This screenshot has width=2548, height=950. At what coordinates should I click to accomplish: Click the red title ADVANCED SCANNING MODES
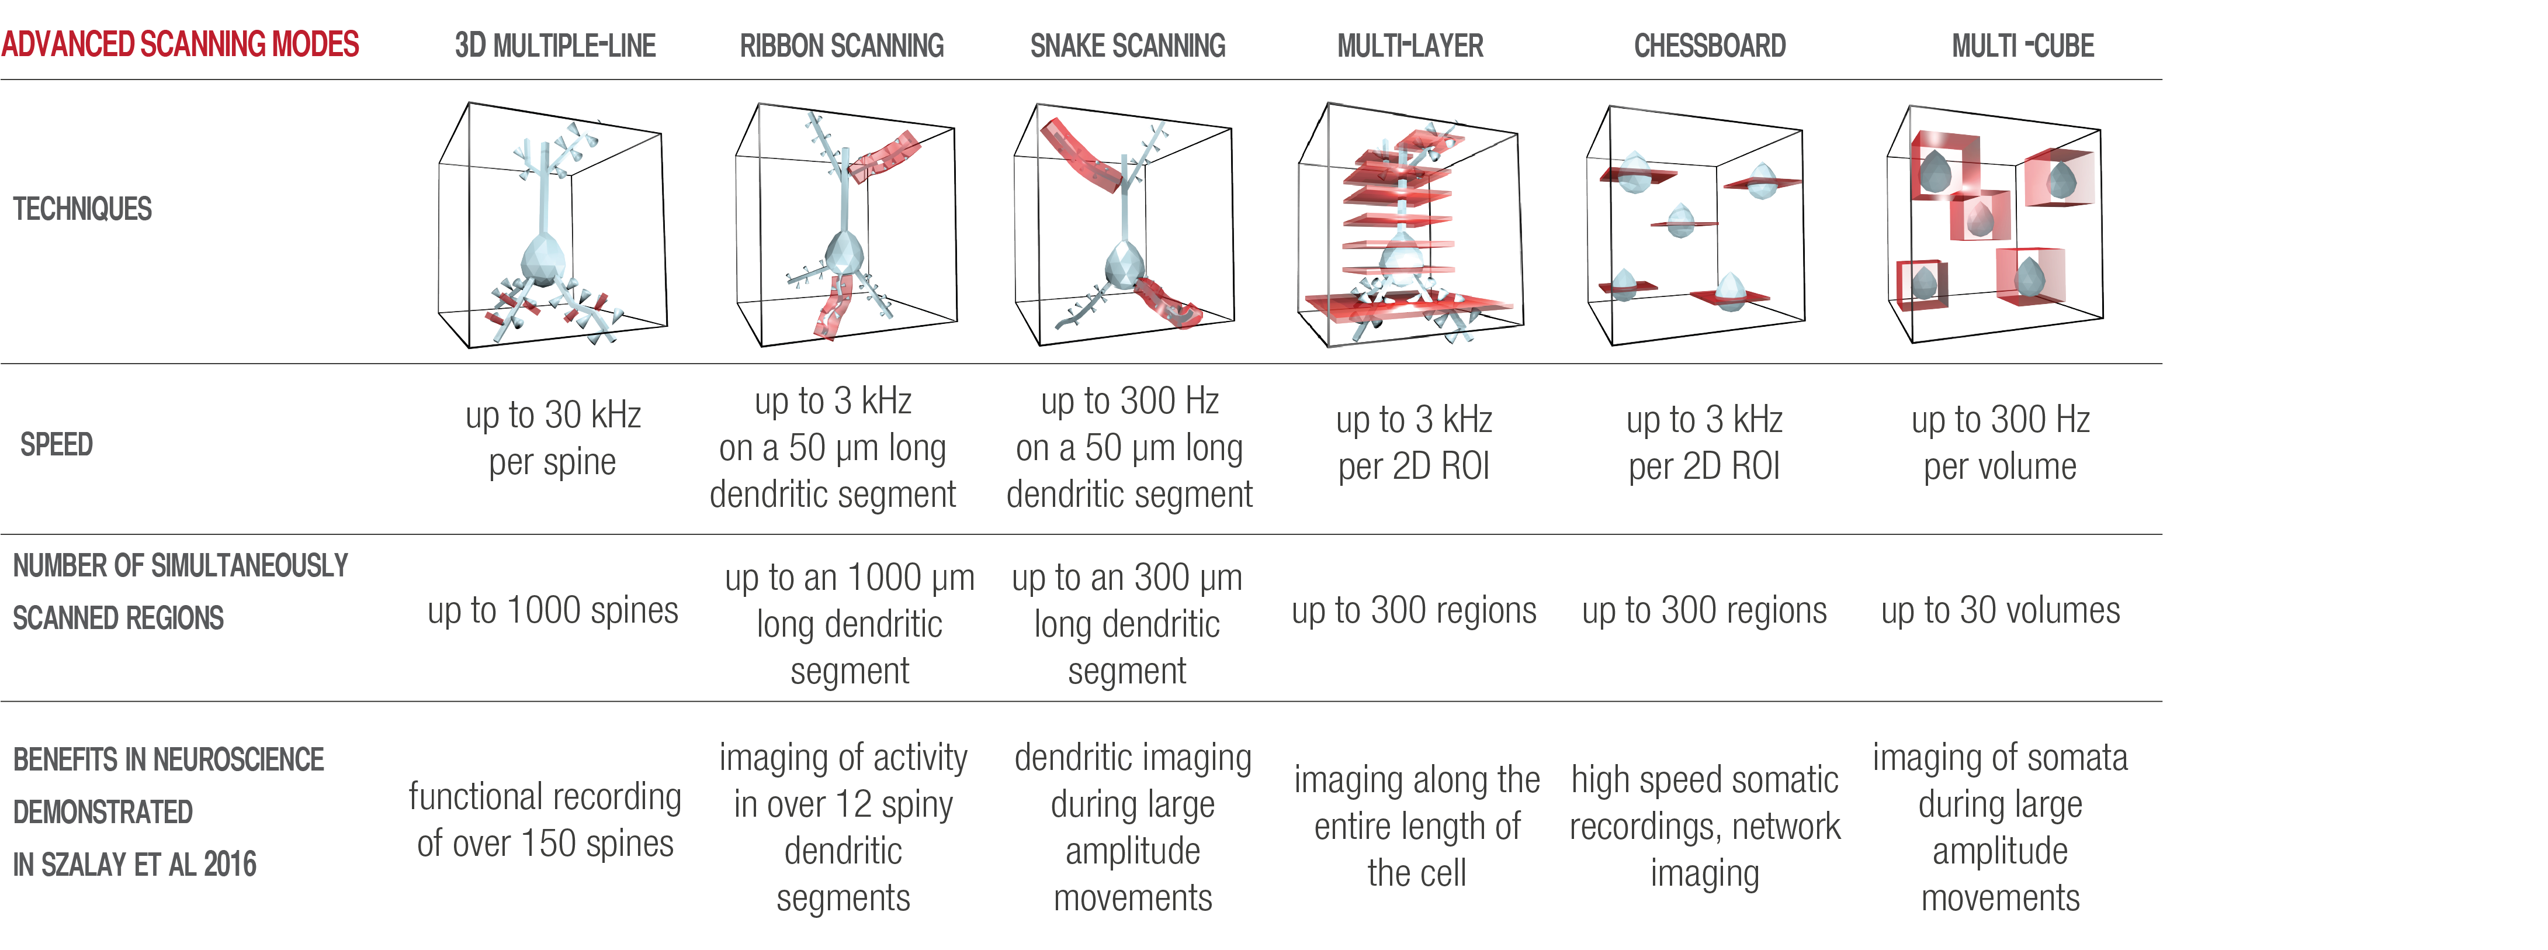pyautogui.click(x=180, y=44)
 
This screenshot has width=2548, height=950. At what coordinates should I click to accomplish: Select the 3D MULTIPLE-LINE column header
pyautogui.click(x=555, y=46)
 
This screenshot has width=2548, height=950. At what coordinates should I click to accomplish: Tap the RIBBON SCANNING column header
pyautogui.click(x=842, y=46)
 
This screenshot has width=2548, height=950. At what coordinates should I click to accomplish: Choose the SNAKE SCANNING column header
pyautogui.click(x=1128, y=46)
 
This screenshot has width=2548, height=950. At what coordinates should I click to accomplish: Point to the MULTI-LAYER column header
pyautogui.click(x=1409, y=46)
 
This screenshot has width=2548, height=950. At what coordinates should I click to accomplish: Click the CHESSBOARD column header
pyautogui.click(x=1709, y=46)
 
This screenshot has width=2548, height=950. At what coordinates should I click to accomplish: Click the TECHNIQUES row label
pyautogui.click(x=82, y=209)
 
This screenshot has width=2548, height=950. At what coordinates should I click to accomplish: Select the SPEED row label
pyautogui.click(x=56, y=444)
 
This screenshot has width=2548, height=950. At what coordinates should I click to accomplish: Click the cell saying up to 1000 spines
pyautogui.click(x=553, y=610)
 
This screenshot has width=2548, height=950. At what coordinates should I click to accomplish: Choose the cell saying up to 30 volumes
pyautogui.click(x=2000, y=610)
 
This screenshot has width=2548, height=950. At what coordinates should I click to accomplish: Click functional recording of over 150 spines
pyautogui.click(x=545, y=820)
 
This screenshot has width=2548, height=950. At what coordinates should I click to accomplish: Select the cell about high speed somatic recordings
pyautogui.click(x=1704, y=826)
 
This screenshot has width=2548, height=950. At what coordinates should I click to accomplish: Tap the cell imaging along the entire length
pyautogui.click(x=1416, y=826)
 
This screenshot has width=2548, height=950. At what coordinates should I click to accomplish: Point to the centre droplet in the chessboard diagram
pyautogui.click(x=1680, y=220)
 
